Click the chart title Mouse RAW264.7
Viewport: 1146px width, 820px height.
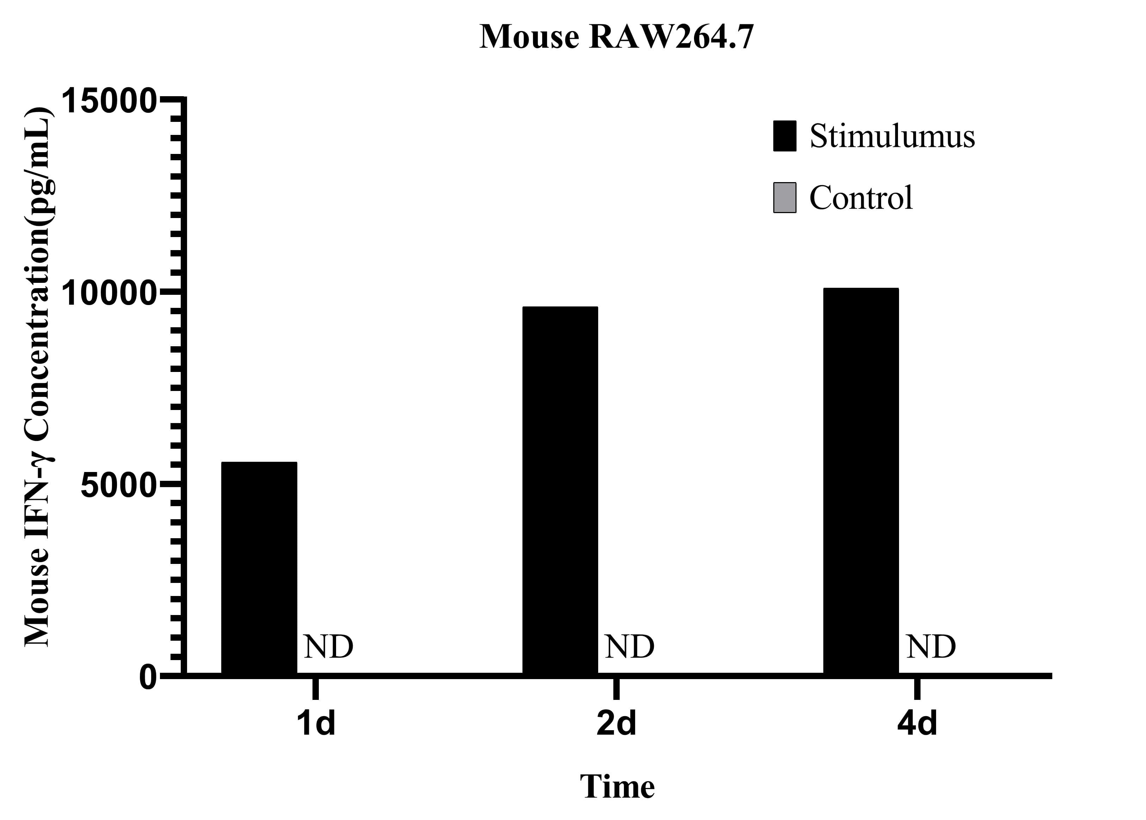pos(616,37)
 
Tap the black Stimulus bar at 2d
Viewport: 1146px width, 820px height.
pos(560,489)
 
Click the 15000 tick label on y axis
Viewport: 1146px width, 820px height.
pos(107,100)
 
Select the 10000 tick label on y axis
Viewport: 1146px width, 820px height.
pos(107,293)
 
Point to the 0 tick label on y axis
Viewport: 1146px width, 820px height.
pos(148,678)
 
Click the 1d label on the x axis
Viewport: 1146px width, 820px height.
pos(316,723)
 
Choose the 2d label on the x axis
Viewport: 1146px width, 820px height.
pos(616,723)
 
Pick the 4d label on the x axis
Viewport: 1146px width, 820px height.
pos(917,723)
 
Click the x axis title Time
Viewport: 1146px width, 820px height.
pos(617,787)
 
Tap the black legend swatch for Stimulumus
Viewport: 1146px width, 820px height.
pos(784,136)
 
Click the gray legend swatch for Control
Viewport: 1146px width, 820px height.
pos(784,197)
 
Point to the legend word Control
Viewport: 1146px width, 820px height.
pos(861,197)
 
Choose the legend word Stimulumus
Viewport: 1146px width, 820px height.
pos(892,136)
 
